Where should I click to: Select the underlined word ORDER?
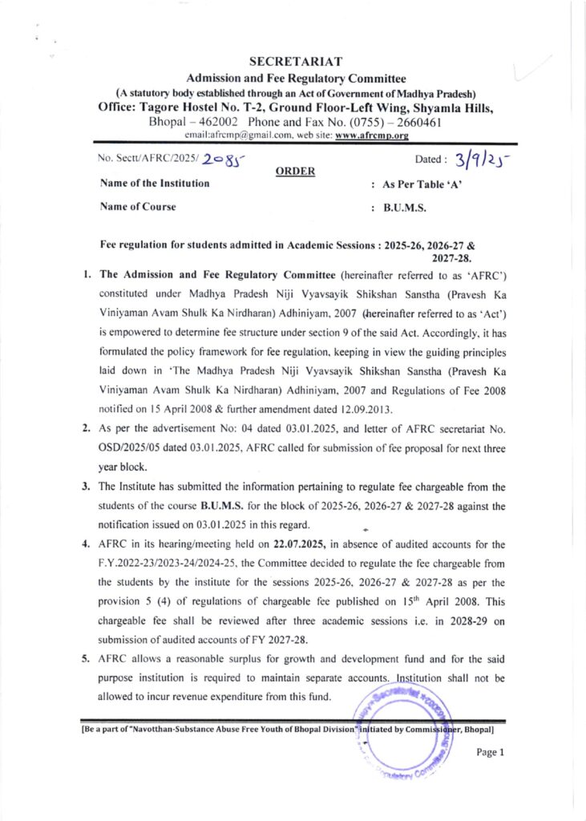292,171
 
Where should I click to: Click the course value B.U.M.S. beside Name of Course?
405,207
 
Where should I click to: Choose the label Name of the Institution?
155,184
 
